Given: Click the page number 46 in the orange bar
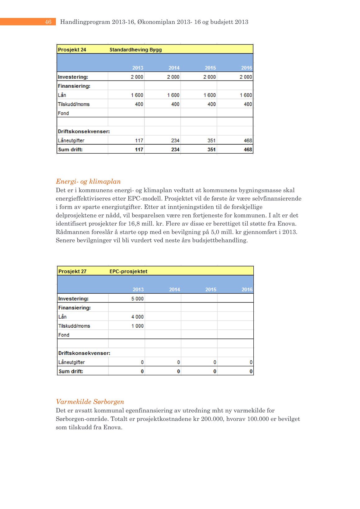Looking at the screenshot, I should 48,22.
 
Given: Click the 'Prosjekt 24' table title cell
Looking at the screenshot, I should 72,50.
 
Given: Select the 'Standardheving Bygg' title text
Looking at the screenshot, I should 136,50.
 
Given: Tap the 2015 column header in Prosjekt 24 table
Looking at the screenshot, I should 210,68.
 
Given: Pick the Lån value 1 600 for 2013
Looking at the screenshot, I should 137,95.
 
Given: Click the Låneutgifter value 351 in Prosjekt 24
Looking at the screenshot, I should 211,141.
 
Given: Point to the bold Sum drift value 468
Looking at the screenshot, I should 248,150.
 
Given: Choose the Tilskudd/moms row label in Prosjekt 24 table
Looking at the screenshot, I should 74,104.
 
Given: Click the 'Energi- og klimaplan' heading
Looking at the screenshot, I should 88,181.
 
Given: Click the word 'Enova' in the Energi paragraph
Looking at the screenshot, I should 287,224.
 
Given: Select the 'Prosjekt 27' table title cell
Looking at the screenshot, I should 72,271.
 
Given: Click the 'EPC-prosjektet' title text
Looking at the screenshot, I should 128,271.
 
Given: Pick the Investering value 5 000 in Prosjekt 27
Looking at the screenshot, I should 137,299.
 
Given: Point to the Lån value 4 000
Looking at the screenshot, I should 137,317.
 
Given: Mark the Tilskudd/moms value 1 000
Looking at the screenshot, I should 137,326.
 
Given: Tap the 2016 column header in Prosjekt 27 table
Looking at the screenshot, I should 247,290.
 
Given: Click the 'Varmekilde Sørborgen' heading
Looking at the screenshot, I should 90,402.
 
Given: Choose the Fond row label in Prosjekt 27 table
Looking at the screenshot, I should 64,335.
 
